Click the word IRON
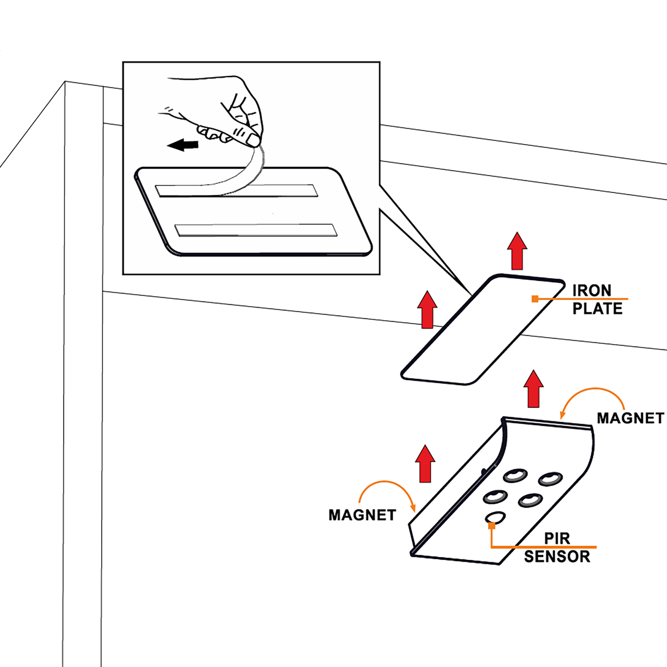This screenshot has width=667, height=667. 592,291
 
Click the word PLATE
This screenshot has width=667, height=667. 597,308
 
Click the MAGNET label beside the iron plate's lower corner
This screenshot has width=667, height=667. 630,419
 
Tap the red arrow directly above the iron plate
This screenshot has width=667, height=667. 517,251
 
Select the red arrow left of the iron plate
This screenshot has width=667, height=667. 427,310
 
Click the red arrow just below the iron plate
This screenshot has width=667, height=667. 533,389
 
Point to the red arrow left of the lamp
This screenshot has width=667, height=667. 425,464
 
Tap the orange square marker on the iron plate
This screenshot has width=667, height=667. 535,299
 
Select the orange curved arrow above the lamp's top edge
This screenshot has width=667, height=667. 592,401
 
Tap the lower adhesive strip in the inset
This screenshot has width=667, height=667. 255,230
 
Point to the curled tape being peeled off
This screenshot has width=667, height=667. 242,176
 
